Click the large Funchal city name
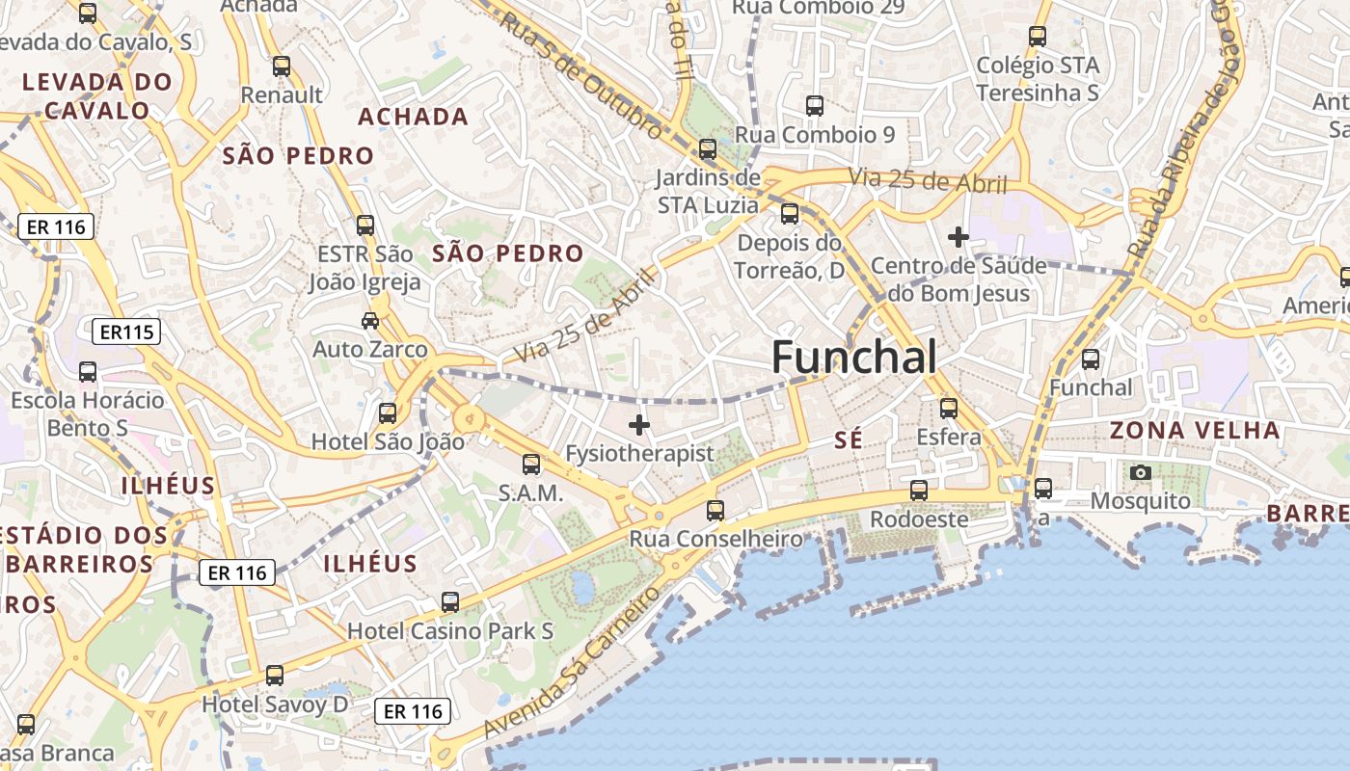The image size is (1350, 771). tap(853, 358)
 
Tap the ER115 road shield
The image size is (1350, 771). tap(125, 332)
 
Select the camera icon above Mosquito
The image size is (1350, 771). tap(1141, 472)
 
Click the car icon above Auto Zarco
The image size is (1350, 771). tap(370, 320)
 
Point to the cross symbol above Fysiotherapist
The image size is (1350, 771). tap(638, 424)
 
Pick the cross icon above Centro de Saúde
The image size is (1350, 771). tap(958, 236)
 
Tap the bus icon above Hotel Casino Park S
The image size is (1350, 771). tap(449, 602)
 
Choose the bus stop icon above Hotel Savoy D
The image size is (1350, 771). tap(275, 675)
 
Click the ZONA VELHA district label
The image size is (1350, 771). tap(1195, 430)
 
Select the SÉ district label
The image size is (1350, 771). tap(848, 440)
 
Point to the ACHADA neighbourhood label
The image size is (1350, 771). tap(413, 117)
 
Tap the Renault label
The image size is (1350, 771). tap(282, 94)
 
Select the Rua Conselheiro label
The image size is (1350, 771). tap(716, 539)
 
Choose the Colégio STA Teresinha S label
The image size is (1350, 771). tap(1038, 79)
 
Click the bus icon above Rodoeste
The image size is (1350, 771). tap(919, 490)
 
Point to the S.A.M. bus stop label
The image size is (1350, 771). tap(530, 492)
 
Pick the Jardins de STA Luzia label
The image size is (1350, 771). tap(708, 191)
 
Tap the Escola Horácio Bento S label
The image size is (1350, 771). tap(88, 412)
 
